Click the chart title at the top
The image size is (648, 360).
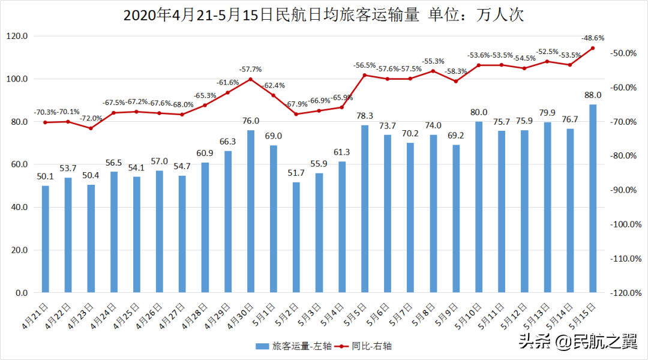click(x=323, y=15)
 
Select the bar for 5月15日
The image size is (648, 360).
click(x=593, y=198)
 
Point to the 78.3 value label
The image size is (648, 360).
click(x=365, y=116)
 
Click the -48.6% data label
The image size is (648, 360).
click(x=592, y=38)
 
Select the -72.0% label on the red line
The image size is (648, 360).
click(x=91, y=118)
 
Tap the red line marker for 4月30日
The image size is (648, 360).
click(x=251, y=79)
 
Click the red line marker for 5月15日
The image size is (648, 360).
click(x=593, y=48)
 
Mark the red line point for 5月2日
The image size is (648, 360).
click(x=296, y=114)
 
